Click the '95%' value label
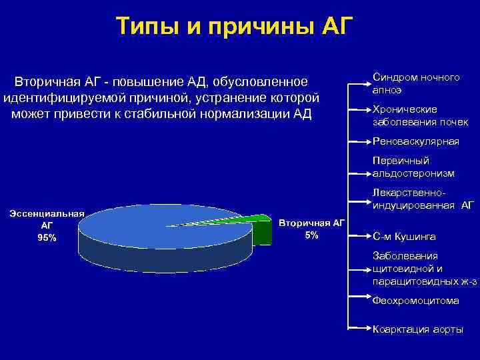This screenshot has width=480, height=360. [x=47, y=237]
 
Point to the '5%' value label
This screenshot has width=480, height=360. [x=311, y=235]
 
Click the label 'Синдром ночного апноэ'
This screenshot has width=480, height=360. [x=415, y=83]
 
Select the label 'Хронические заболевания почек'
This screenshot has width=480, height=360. [x=420, y=115]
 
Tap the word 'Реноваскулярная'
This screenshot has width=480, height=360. [x=416, y=141]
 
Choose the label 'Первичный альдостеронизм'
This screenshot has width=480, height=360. [x=413, y=167]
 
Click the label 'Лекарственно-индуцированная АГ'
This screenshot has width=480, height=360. [x=423, y=199]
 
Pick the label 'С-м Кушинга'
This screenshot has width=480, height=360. [x=405, y=236]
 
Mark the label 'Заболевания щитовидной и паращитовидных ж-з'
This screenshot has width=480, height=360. [x=424, y=269]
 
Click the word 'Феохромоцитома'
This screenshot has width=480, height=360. [x=416, y=301]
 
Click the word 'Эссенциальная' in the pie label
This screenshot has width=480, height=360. [x=47, y=213]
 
